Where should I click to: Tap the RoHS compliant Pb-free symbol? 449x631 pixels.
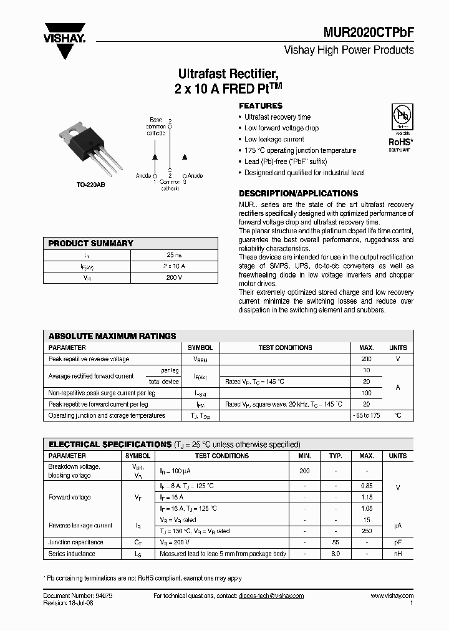click(399, 119)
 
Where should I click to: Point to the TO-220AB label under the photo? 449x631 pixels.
click(91, 185)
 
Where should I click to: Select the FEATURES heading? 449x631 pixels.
click(261, 106)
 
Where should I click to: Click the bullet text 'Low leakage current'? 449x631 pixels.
click(274, 139)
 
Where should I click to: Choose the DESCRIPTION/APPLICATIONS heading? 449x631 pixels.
click(298, 193)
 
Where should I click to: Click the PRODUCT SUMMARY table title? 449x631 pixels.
click(91, 243)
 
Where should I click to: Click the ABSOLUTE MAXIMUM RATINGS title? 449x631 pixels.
click(112, 336)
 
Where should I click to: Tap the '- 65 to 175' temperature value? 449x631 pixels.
click(366, 415)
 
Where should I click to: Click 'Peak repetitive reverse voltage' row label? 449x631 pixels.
click(89, 359)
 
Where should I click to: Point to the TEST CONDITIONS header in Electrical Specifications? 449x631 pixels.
click(221, 456)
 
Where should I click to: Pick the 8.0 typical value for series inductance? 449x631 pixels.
click(336, 554)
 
